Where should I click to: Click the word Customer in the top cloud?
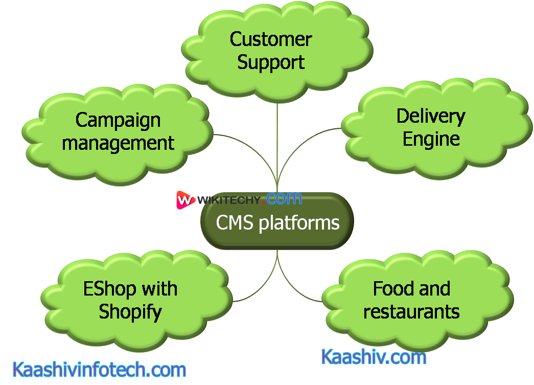(271, 39)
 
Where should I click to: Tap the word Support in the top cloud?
(271, 62)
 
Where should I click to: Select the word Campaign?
(118, 120)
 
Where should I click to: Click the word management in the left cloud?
(118, 143)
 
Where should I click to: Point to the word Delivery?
(431, 116)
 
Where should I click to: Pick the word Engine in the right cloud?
(431, 139)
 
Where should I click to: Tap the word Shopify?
(130, 311)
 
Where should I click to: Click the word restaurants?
(411, 311)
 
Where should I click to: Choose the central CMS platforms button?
(277, 221)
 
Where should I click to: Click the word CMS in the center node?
(235, 222)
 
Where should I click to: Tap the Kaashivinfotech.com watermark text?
(99, 370)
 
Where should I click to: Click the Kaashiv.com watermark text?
(374, 357)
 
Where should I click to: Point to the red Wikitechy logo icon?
(185, 200)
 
